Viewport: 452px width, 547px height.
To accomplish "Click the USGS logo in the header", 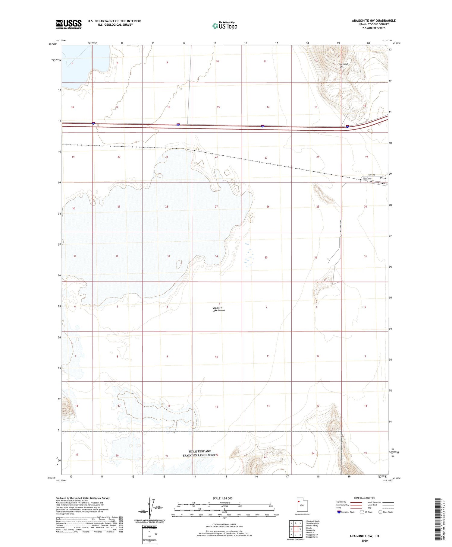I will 69,24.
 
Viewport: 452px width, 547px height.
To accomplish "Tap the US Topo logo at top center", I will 224,26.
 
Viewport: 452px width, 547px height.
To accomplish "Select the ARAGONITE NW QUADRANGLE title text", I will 373,21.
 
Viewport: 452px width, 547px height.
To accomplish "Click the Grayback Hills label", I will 343,65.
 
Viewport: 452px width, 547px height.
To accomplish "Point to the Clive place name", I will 383,178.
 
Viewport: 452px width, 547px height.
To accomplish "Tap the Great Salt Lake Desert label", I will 219,309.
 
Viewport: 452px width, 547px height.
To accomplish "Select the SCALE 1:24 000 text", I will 222,498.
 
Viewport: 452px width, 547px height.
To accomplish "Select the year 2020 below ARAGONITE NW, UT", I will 364,540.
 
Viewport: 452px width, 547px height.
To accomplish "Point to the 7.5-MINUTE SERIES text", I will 374,28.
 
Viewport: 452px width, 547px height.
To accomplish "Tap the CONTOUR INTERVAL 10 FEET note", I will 224,525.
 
